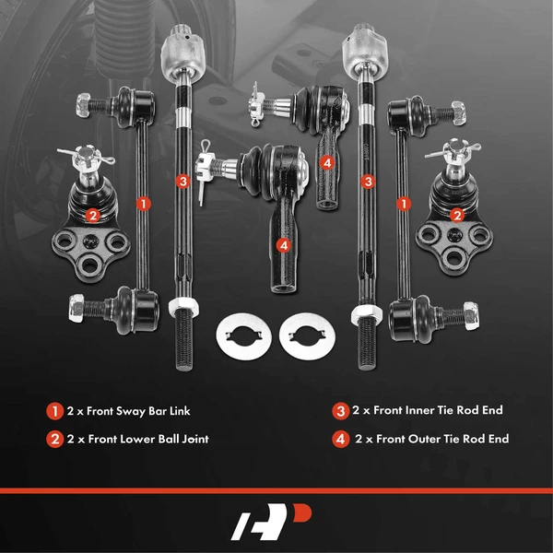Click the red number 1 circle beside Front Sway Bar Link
(56, 411)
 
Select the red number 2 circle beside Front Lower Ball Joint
(56, 439)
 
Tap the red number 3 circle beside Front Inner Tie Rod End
(342, 411)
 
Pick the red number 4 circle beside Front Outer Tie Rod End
(342, 439)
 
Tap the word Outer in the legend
(420, 439)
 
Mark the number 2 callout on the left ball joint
(91, 216)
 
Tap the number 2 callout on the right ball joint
(456, 215)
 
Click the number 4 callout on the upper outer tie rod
(327, 162)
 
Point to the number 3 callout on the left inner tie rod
(183, 182)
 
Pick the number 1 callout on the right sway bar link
(402, 202)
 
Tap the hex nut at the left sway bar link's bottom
(78, 305)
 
